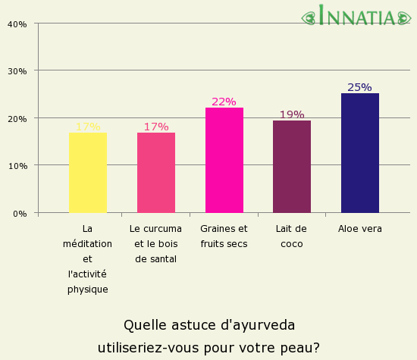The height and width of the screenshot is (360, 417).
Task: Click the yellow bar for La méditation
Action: (88, 173)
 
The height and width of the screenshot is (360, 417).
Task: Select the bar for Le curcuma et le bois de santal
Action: (156, 173)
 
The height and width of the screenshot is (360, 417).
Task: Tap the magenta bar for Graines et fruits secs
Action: (224, 160)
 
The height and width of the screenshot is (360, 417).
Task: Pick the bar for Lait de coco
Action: (292, 167)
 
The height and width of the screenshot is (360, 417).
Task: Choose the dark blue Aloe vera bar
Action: (360, 153)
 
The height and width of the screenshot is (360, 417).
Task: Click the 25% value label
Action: (359, 87)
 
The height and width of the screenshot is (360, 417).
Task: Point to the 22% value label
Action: (224, 102)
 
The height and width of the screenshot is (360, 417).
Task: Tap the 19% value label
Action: (292, 114)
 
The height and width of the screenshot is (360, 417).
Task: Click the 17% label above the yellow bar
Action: (88, 127)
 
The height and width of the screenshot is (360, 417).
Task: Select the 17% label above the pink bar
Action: (156, 127)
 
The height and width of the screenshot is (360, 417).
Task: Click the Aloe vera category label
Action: (360, 228)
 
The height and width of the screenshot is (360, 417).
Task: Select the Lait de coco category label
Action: (292, 236)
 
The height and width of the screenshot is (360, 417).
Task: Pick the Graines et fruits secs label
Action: (224, 236)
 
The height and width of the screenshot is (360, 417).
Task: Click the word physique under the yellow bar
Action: (88, 289)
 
